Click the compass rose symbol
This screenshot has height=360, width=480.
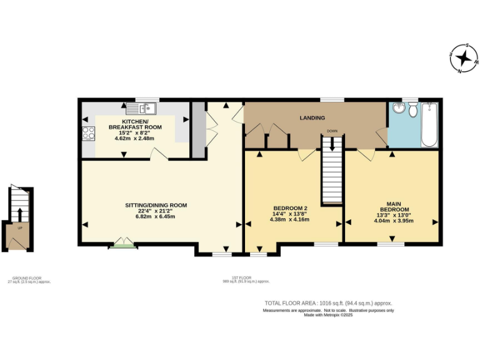pyautogui.click(x=464, y=59)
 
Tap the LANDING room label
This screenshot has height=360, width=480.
pyautogui.click(x=312, y=117)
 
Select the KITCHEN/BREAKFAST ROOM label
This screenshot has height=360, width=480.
pyautogui.click(x=135, y=124)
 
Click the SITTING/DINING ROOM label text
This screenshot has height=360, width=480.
pyautogui.click(x=157, y=205)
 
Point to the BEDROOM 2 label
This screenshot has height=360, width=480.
pyautogui.click(x=291, y=208)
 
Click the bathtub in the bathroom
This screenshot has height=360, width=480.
pyautogui.click(x=429, y=125)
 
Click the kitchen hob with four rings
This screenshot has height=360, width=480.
pyautogui.click(x=89, y=132)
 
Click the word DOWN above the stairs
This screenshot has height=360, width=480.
pyautogui.click(x=331, y=131)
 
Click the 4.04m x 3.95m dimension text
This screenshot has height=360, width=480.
pyautogui.click(x=394, y=221)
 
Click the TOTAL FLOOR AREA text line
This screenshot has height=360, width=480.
pyautogui.click(x=328, y=303)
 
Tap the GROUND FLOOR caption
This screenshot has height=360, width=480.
pyautogui.click(x=29, y=278)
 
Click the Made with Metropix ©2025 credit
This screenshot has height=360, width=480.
pyautogui.click(x=328, y=315)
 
